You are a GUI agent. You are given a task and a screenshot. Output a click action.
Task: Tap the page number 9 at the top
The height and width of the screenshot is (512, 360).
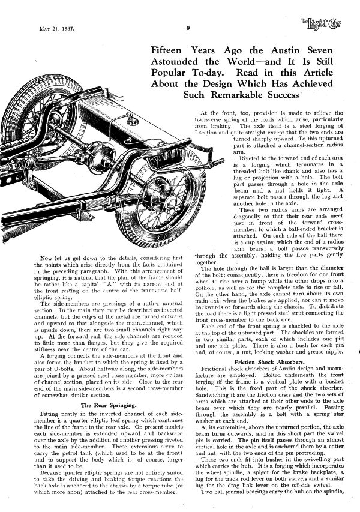[x=188, y=27]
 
